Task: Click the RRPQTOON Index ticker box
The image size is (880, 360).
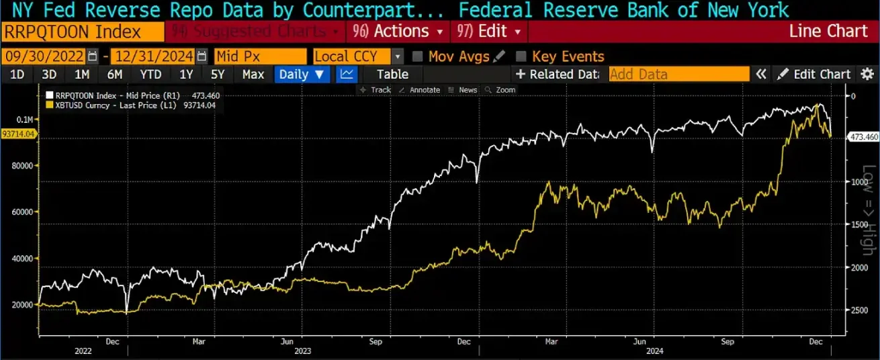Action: tap(83, 32)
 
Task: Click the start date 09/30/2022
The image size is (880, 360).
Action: tap(44, 56)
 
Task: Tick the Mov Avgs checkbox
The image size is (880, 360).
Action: tap(417, 56)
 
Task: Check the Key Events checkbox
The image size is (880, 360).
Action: tap(521, 56)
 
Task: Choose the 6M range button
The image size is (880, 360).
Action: tap(114, 75)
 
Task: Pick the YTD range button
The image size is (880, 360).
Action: tap(150, 75)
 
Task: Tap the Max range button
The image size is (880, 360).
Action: tap(253, 75)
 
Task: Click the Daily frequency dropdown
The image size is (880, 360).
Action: tap(302, 75)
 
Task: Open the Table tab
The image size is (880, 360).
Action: tap(392, 75)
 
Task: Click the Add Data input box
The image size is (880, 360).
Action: tap(678, 75)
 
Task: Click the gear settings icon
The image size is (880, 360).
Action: tap(867, 75)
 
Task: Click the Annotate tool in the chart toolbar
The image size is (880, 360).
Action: tap(419, 90)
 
